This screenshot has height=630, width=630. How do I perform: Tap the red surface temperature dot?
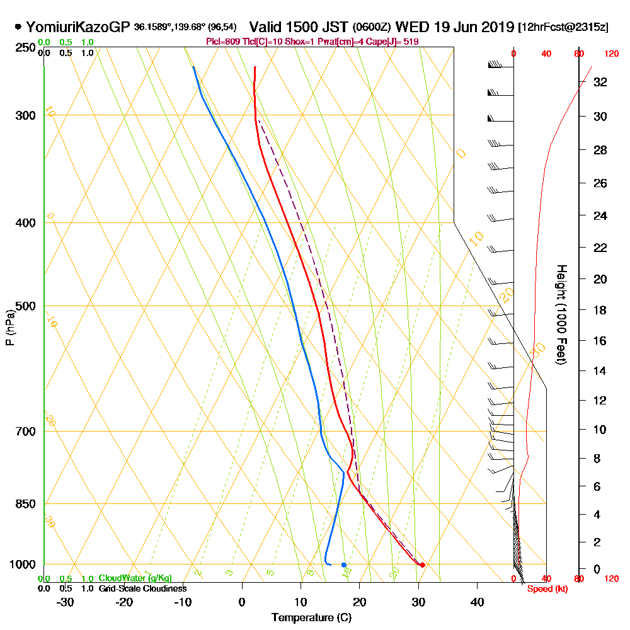422,564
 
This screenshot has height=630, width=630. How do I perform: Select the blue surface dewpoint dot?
343,564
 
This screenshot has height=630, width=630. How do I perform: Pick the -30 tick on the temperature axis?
66,602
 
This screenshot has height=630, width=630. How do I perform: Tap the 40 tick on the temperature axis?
478,602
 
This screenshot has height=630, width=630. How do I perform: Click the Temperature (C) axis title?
311,618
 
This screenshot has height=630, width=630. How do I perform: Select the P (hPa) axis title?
9,328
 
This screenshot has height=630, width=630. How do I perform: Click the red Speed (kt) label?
546,588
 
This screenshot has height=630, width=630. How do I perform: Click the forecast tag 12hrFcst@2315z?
563,28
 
